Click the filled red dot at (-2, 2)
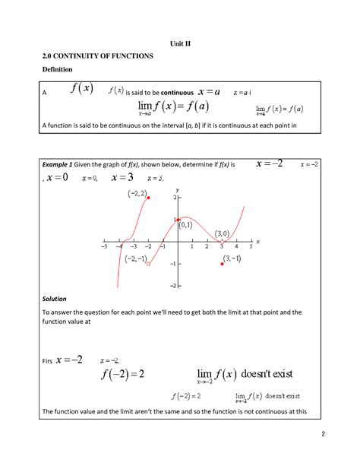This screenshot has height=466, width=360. click(148, 198)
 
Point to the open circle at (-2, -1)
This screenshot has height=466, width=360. click(148, 264)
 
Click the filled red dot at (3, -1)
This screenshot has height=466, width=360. click(222, 264)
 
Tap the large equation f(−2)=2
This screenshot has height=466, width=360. click(121, 374)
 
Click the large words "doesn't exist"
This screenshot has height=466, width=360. click(271, 374)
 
